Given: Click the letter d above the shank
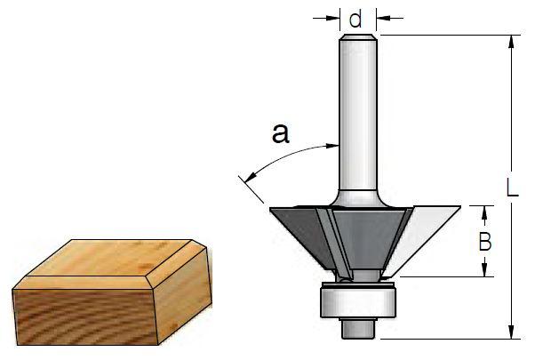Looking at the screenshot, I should click(x=355, y=18).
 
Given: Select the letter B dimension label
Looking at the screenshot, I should click(x=485, y=241).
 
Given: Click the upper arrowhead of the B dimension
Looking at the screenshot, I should click(x=485, y=211).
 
